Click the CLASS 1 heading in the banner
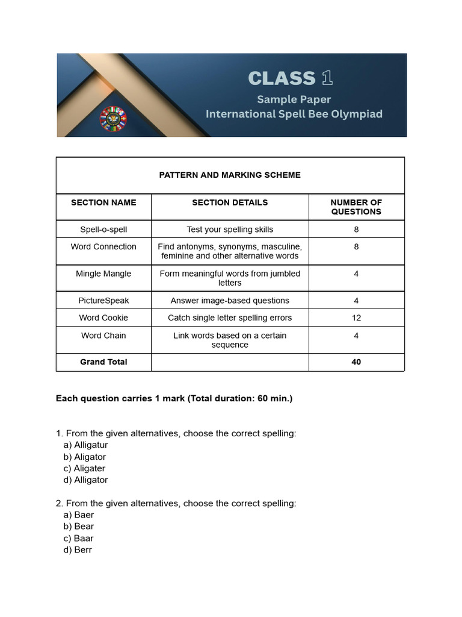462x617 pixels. pyautogui.click(x=290, y=78)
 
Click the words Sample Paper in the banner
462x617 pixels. pyautogui.click(x=294, y=99)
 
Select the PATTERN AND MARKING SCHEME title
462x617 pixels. pyautogui.click(x=230, y=175)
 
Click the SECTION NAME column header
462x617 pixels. pyautogui.click(x=103, y=202)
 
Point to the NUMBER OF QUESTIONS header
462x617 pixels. pyautogui.click(x=356, y=207)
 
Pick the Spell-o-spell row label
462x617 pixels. pyautogui.click(x=103, y=230)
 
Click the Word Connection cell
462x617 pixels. pyautogui.click(x=103, y=246)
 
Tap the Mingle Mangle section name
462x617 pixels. pyautogui.click(x=103, y=274)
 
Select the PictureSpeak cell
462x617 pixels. pyautogui.click(x=103, y=301)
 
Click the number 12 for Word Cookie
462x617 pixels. pyautogui.click(x=356, y=318)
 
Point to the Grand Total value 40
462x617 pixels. pyautogui.click(x=356, y=362)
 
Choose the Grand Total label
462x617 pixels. pyautogui.click(x=103, y=362)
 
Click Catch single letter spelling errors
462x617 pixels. pyautogui.click(x=230, y=318)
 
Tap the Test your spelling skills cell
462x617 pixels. pyautogui.click(x=230, y=230)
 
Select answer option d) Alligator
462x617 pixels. pyautogui.click(x=85, y=480)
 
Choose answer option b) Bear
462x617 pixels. pyautogui.click(x=79, y=527)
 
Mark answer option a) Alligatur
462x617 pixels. pyautogui.click(x=85, y=445)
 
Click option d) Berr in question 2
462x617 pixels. pyautogui.click(x=78, y=550)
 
